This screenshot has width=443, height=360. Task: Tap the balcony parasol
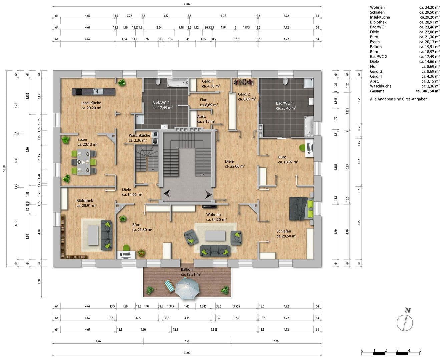click(x=187, y=288)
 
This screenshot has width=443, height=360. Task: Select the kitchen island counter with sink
click(x=93, y=91)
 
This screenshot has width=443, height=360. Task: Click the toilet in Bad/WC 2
click(x=158, y=82)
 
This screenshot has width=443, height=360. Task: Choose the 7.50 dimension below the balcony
click(x=187, y=341)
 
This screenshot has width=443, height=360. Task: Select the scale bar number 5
click(x=420, y=350)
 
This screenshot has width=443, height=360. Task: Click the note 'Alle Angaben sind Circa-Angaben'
click(x=399, y=99)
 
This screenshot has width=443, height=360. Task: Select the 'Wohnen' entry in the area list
click(x=377, y=7)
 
